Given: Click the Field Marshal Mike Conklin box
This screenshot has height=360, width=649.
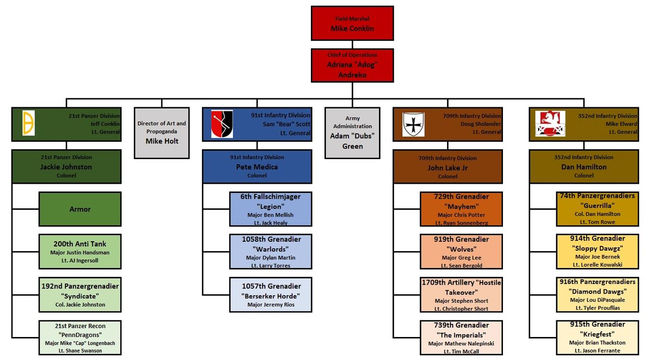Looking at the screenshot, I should click(x=352, y=24).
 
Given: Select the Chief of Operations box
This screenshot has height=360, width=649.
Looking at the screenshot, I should click(x=352, y=65).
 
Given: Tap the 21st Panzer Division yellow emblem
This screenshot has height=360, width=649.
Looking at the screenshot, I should click(x=29, y=123).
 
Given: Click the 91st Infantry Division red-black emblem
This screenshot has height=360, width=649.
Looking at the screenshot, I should click(x=222, y=124).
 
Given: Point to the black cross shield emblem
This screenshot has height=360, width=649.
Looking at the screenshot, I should click(x=413, y=125).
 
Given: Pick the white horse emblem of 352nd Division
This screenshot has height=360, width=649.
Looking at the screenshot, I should click(x=550, y=124).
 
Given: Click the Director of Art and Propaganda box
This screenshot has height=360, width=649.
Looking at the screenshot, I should click(x=162, y=132).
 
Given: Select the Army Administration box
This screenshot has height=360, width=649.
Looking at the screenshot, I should click(x=352, y=133).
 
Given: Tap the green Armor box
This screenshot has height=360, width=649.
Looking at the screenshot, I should click(x=80, y=209).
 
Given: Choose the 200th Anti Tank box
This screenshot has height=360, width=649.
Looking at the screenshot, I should click(x=80, y=252).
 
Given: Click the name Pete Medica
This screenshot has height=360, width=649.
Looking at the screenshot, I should click(x=257, y=167).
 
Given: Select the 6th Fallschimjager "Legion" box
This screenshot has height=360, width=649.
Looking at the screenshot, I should click(x=271, y=209).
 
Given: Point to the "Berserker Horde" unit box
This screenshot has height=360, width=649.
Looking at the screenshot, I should click(x=271, y=295).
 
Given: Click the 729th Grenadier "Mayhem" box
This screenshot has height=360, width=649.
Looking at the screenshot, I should click(x=461, y=209).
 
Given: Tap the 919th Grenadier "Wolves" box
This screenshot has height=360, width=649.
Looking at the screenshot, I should click(x=461, y=252).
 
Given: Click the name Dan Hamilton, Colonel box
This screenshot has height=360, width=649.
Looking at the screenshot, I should click(x=584, y=167).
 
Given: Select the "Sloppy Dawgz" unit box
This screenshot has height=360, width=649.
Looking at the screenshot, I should click(x=597, y=252).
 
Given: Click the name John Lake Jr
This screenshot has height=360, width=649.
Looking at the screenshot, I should click(x=447, y=168).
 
